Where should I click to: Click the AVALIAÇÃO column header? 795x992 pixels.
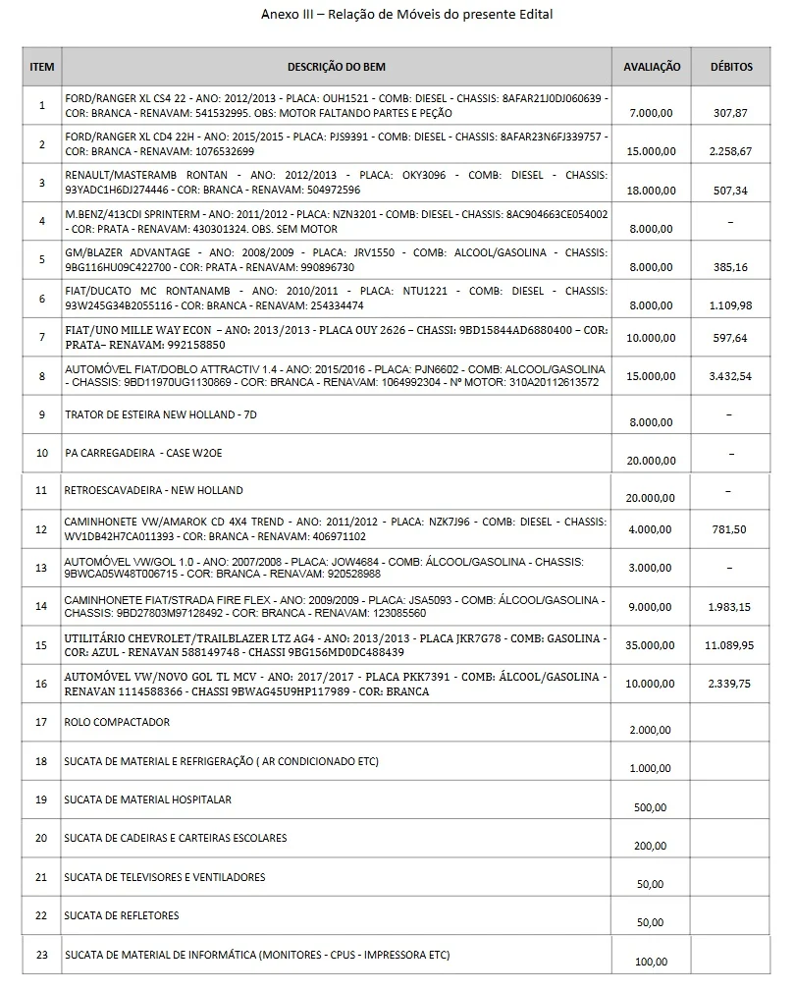(x=652, y=67)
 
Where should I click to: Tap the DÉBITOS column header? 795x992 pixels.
(x=731, y=67)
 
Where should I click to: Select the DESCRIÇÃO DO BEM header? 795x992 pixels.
(x=336, y=67)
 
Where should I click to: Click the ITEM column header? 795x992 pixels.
(x=42, y=67)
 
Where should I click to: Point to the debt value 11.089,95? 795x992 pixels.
(x=730, y=645)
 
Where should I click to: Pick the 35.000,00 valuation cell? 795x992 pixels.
(x=652, y=645)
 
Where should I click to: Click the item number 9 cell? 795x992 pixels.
(x=42, y=414)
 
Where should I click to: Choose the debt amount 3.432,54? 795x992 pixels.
(x=730, y=376)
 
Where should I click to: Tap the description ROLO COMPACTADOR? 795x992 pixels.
(x=117, y=722)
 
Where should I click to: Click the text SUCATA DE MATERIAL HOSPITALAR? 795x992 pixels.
(x=148, y=799)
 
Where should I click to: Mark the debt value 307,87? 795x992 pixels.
(x=730, y=113)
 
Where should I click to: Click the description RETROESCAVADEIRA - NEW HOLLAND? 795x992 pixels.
(x=153, y=490)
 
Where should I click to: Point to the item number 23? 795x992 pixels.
(x=42, y=954)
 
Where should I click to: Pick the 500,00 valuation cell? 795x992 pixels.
(x=651, y=807)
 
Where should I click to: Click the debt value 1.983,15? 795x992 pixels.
(x=730, y=607)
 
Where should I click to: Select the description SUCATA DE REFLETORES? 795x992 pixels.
(x=122, y=915)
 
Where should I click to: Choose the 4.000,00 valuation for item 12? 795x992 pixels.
(x=652, y=529)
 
